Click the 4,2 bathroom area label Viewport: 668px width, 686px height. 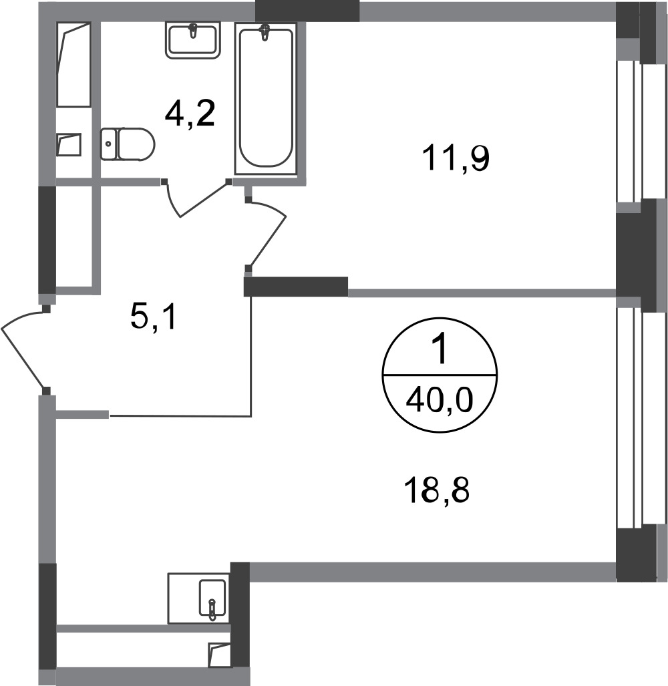[x=190, y=114]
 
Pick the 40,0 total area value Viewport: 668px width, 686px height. [x=440, y=401]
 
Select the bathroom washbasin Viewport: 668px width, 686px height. [x=192, y=39]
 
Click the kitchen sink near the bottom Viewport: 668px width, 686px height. [x=212, y=596]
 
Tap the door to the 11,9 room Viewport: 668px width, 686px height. [x=267, y=230]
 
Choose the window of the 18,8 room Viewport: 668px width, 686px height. [x=629, y=417]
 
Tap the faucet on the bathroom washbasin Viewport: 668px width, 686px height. [x=192, y=30]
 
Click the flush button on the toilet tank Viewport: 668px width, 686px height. [x=109, y=142]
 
